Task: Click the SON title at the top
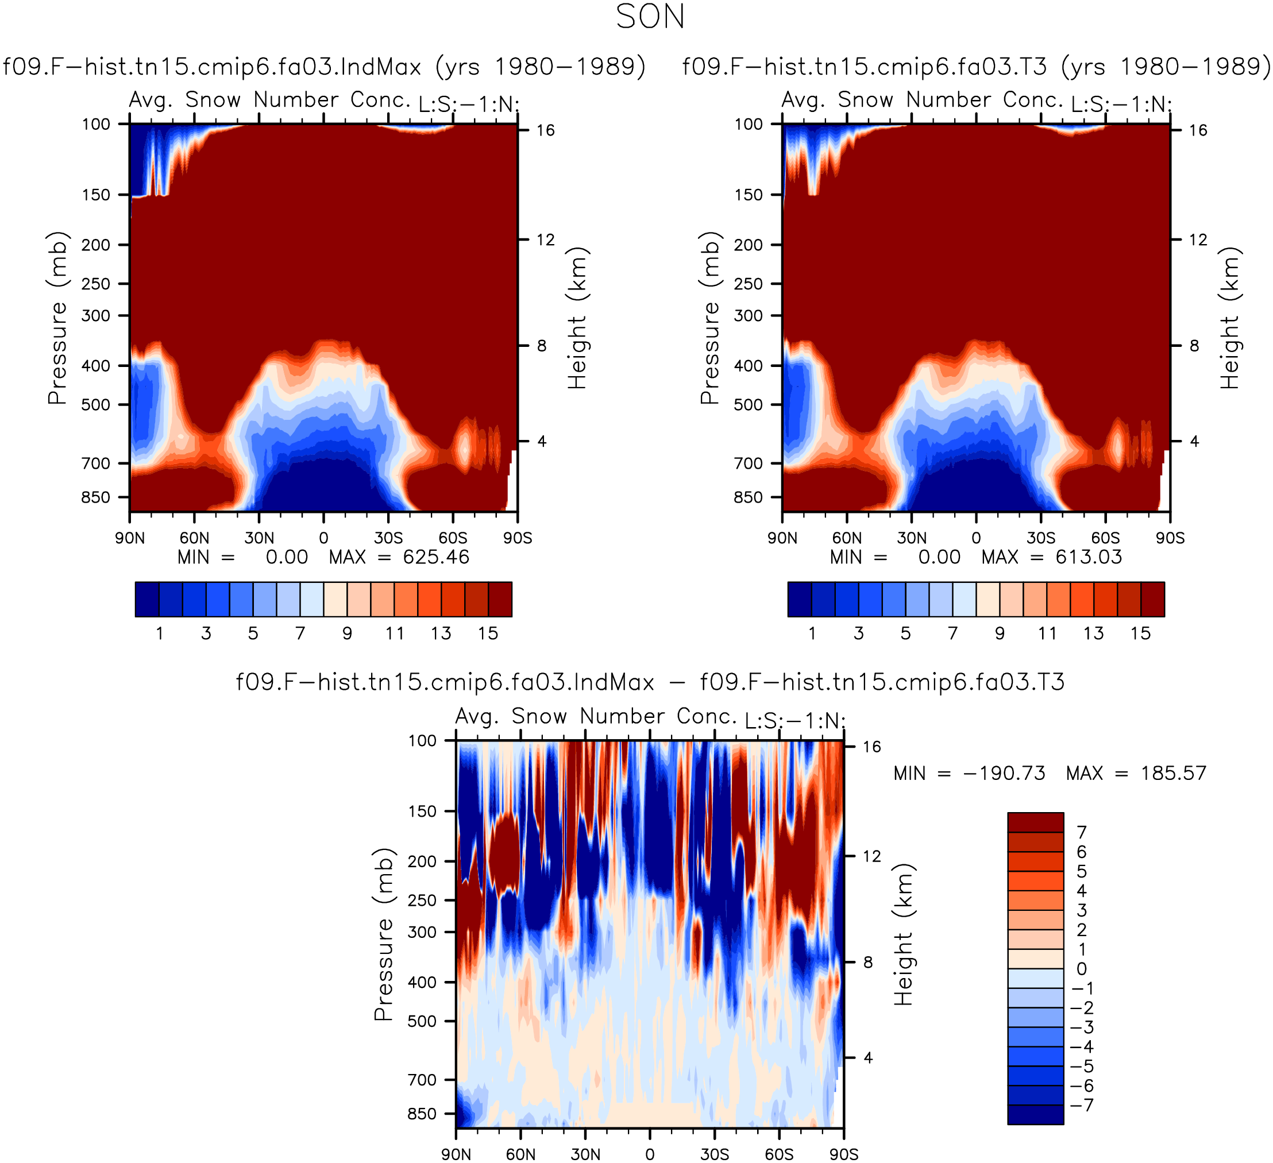pyautogui.click(x=650, y=17)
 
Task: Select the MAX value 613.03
pyautogui.click(x=1089, y=557)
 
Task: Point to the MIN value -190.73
pyautogui.click(x=1004, y=774)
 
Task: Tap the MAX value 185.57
pyautogui.click(x=1173, y=774)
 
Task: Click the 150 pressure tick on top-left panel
pyautogui.click(x=96, y=195)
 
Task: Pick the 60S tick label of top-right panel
pyautogui.click(x=1105, y=538)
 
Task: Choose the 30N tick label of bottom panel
pyautogui.click(x=585, y=1154)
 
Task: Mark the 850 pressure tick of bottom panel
pyautogui.click(x=422, y=1114)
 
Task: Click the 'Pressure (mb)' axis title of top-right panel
pyautogui.click(x=710, y=318)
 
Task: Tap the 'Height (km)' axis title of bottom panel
pyautogui.click(x=904, y=934)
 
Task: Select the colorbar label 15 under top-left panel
pyautogui.click(x=488, y=633)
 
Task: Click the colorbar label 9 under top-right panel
pyautogui.click(x=1000, y=633)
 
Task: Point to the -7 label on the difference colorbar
pyautogui.click(x=1082, y=1105)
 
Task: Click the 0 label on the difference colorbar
pyautogui.click(x=1082, y=968)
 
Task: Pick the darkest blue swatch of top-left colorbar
pyautogui.click(x=147, y=599)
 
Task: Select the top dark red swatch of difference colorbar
pyautogui.click(x=1036, y=822)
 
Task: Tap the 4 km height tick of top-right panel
pyautogui.click(x=1194, y=441)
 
